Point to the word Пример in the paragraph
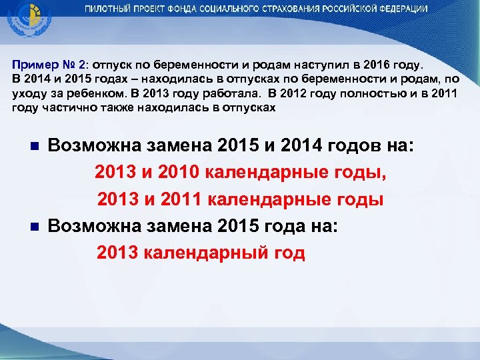click(31, 66)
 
